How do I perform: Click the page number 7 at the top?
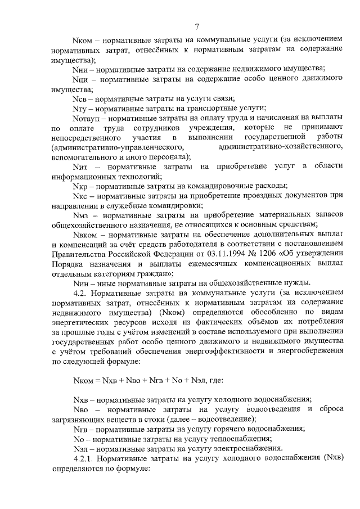pyautogui.click(x=197, y=26)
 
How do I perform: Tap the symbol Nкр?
pyautogui.click(x=80, y=186)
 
